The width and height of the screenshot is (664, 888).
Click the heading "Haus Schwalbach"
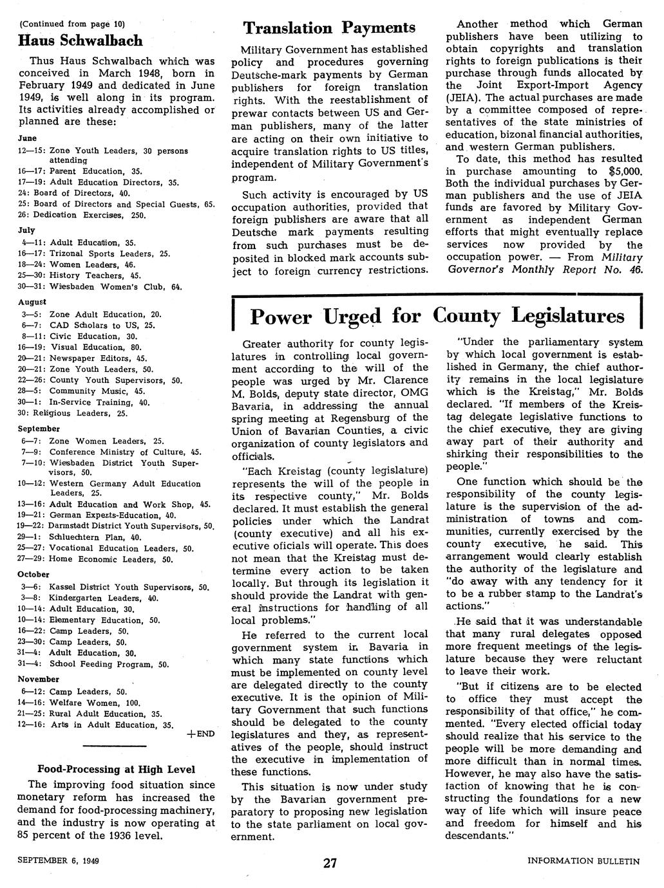coord(80,41)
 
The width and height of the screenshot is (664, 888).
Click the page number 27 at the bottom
coord(330,864)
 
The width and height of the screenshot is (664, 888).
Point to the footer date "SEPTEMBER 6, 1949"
coord(62,860)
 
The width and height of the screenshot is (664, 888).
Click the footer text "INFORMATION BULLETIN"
coord(583,861)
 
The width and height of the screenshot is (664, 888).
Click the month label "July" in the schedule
coord(26,229)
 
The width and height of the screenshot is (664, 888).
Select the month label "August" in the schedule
coord(32,301)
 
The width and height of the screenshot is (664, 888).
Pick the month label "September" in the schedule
coord(39,429)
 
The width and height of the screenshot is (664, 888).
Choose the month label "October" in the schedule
coord(33,574)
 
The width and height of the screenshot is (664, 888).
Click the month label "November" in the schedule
coord(38,679)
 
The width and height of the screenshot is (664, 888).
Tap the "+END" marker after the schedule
coord(202,734)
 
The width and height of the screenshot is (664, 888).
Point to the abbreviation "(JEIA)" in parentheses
coord(463,97)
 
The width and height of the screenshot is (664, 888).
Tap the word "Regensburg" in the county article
coord(355,418)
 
